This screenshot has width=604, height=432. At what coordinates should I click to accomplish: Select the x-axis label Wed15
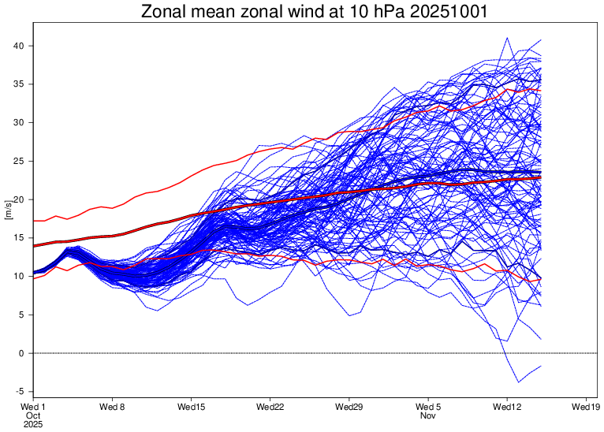click(191, 407)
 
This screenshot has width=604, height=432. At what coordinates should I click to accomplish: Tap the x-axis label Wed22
click(270, 407)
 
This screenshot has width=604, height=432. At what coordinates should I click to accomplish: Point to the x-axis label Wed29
click(349, 407)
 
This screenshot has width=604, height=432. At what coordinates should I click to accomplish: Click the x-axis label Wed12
click(507, 407)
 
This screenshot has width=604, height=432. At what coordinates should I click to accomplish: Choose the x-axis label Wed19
click(586, 407)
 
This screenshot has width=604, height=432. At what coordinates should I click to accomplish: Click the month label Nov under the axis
click(428, 415)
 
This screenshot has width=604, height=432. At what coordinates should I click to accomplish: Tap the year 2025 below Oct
click(32, 424)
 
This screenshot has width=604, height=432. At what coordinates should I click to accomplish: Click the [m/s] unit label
click(7, 209)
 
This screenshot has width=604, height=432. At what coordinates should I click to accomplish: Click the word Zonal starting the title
click(162, 13)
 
